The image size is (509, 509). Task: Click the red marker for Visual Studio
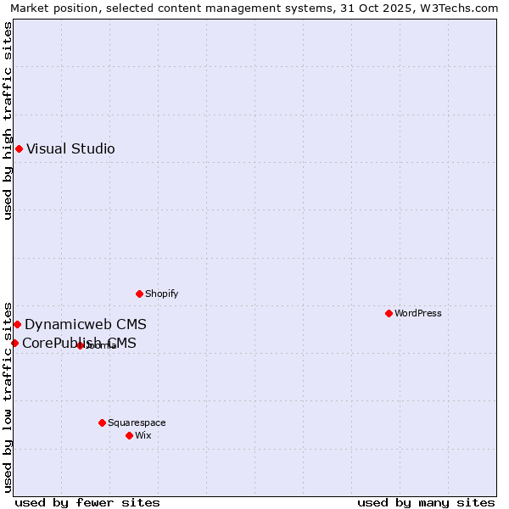pyautogui.click(x=19, y=149)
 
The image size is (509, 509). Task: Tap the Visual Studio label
pyautogui.click(x=70, y=149)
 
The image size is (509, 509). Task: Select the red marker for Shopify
pyautogui.click(x=140, y=294)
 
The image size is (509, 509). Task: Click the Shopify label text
pyautogui.click(x=161, y=294)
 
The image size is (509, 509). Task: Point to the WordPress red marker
pyautogui.click(x=389, y=314)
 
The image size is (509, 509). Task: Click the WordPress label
pyautogui.click(x=417, y=314)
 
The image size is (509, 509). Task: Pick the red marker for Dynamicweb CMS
pyautogui.click(x=17, y=325)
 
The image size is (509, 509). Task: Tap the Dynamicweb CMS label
pyautogui.click(x=85, y=325)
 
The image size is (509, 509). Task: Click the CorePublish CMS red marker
pyautogui.click(x=14, y=344)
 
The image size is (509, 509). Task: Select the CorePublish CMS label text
pyautogui.click(x=79, y=344)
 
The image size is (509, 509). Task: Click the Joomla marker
pyautogui.click(x=80, y=346)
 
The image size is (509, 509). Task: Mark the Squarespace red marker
pyautogui.click(x=103, y=423)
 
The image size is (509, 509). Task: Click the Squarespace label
pyautogui.click(x=137, y=423)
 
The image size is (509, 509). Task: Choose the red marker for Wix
pyautogui.click(x=130, y=436)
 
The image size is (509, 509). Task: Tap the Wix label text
pyautogui.click(x=143, y=436)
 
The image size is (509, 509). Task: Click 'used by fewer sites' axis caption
pyautogui.click(x=87, y=503)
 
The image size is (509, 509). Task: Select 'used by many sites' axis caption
pyautogui.click(x=426, y=503)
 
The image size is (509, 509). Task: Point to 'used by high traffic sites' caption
pyautogui.click(x=8, y=120)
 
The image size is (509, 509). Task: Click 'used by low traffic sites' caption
pyautogui.click(x=8, y=396)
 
